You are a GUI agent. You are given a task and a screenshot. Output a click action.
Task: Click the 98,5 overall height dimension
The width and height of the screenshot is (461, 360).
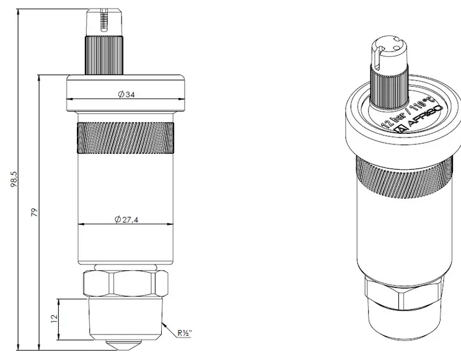[14, 180]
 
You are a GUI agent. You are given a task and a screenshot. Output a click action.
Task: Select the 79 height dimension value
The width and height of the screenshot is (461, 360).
[35, 213]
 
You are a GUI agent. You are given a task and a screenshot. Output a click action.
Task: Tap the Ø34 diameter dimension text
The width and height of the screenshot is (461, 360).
[126, 94]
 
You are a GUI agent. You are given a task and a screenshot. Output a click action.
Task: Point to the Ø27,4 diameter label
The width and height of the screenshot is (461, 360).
[126, 219]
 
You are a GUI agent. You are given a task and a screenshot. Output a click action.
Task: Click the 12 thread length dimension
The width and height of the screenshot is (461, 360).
[54, 319]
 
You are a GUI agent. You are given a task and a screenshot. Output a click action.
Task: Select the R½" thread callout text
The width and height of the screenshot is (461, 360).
[185, 333]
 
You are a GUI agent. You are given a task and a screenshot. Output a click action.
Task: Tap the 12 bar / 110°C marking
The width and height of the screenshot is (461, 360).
[408, 112]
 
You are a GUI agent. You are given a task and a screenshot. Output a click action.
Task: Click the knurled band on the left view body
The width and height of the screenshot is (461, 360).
[126, 138]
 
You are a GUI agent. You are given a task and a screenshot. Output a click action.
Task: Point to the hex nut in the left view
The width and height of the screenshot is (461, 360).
[126, 283]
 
